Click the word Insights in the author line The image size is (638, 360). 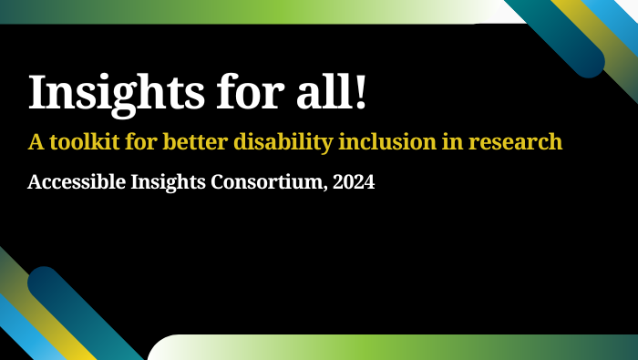pyautogui.click(x=157, y=181)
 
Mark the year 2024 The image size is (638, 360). pyautogui.click(x=353, y=181)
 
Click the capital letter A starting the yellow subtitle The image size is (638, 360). pyautogui.click(x=35, y=142)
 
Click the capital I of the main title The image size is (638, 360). pyautogui.click(x=38, y=93)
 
